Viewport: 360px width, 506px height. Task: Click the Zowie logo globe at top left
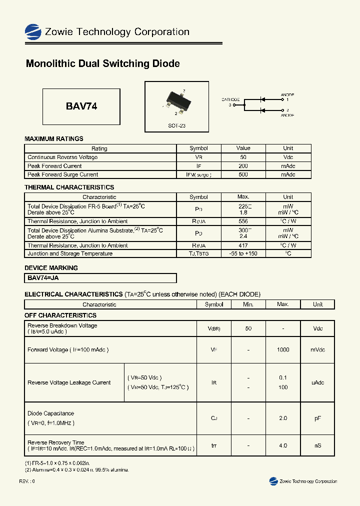(x=33, y=32)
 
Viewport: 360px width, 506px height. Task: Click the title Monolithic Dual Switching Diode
(x=102, y=64)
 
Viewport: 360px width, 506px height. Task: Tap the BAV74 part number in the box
(x=81, y=106)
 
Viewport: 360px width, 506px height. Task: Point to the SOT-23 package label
(x=176, y=126)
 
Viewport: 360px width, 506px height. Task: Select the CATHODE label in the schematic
(x=230, y=99)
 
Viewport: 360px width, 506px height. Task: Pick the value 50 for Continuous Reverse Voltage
(x=243, y=157)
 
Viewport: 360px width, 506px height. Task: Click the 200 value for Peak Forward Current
(x=243, y=166)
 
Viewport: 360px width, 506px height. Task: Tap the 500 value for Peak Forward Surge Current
(x=243, y=175)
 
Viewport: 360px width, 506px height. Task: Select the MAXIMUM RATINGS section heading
(x=54, y=138)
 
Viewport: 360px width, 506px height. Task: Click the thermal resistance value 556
(x=243, y=221)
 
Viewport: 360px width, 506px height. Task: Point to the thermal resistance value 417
(x=243, y=245)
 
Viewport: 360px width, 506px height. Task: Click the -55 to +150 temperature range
(x=243, y=253)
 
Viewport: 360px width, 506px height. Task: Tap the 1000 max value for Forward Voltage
(x=283, y=350)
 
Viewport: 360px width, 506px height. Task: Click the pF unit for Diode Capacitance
(x=317, y=418)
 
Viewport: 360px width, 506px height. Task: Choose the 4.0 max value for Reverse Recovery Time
(x=283, y=445)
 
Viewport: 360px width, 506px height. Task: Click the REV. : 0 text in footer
(x=27, y=481)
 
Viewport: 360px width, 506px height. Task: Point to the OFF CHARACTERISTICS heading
(x=60, y=315)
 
